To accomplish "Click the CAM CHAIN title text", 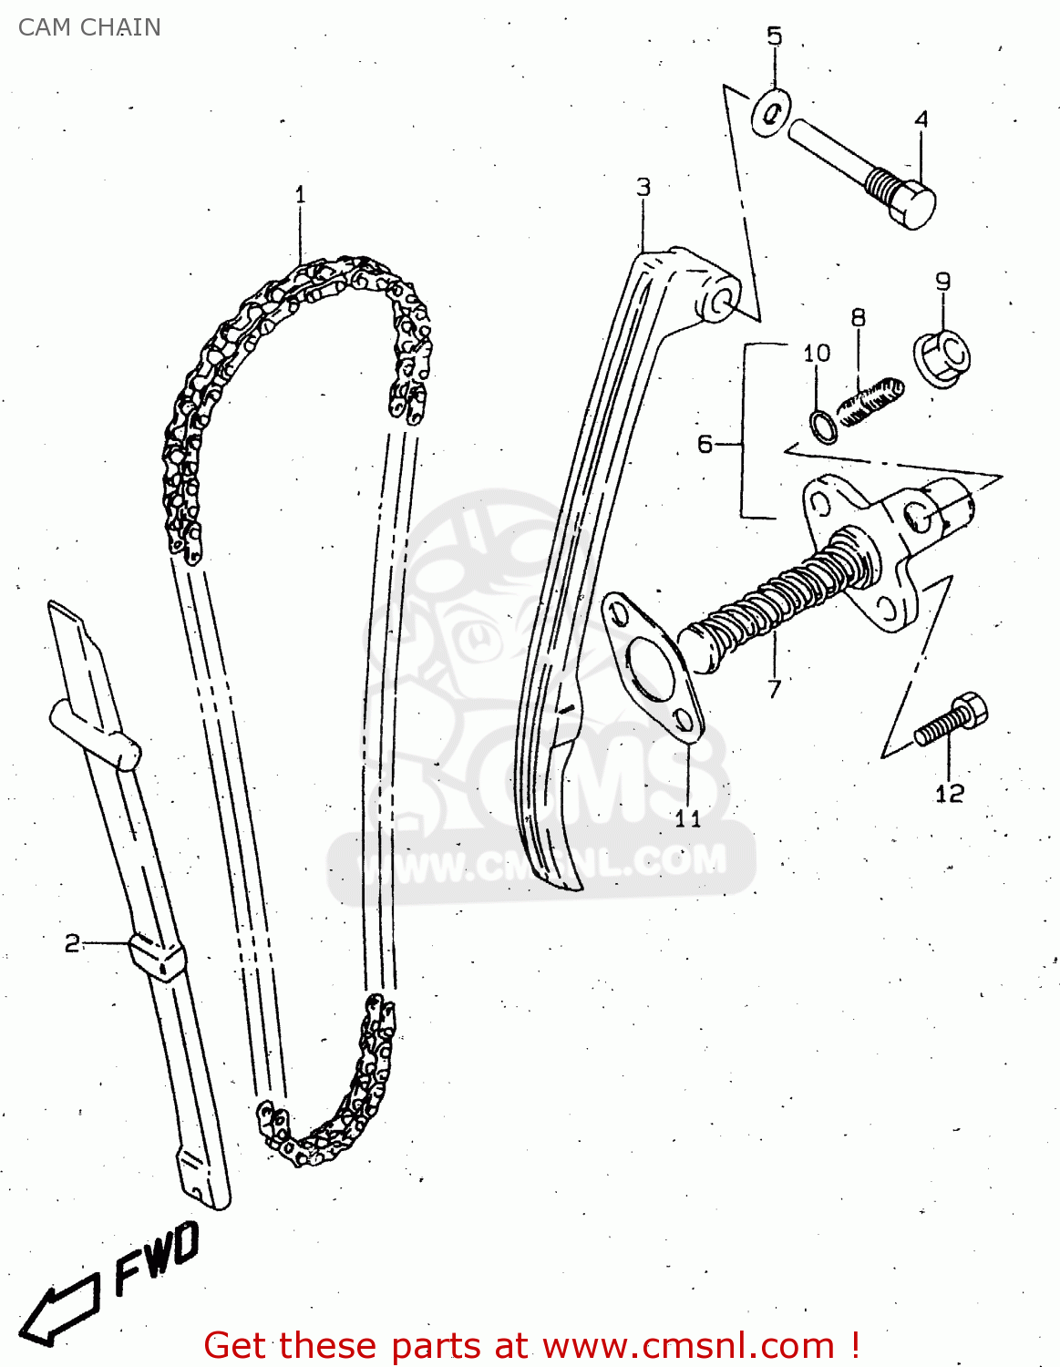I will point(89,27).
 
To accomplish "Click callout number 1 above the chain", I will point(300,194).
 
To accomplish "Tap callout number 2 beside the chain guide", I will point(72,943).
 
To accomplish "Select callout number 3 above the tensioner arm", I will point(643,187).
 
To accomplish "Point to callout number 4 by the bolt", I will point(921,119).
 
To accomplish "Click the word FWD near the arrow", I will point(157,1259).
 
